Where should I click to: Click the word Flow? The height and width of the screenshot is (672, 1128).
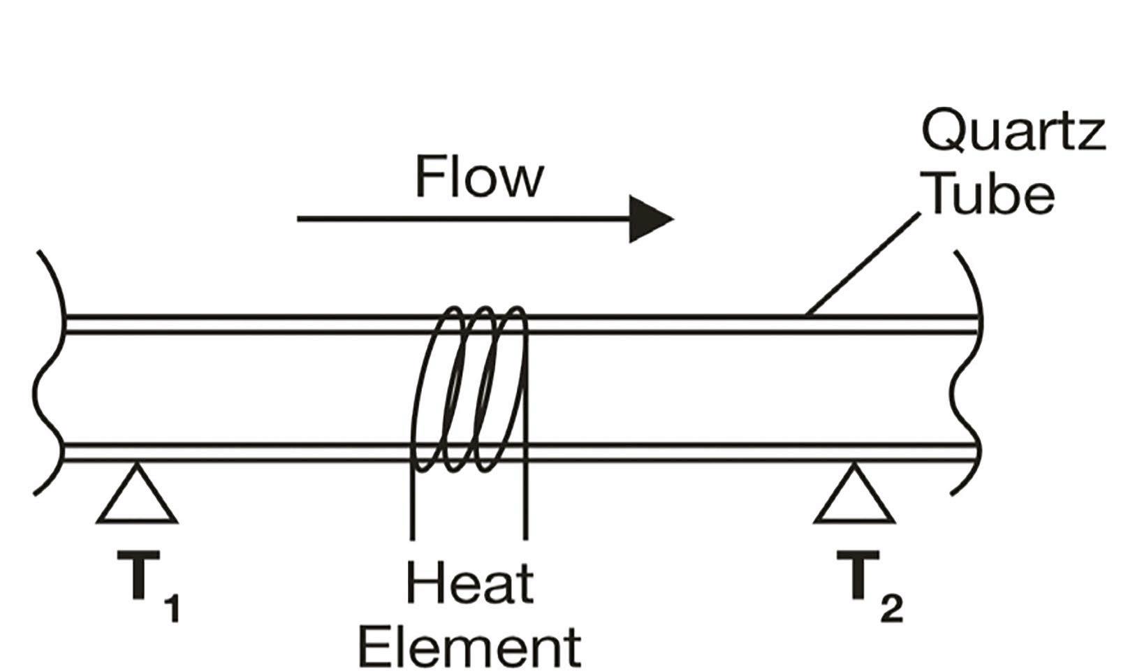[479, 177]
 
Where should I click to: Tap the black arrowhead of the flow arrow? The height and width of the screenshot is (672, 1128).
[650, 219]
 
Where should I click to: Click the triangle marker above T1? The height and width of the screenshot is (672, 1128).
[136, 497]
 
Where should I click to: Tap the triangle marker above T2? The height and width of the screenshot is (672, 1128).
[854, 497]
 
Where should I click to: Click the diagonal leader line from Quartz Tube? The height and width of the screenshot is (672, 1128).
[863, 265]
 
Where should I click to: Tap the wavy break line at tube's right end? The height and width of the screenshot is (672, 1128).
[967, 377]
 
